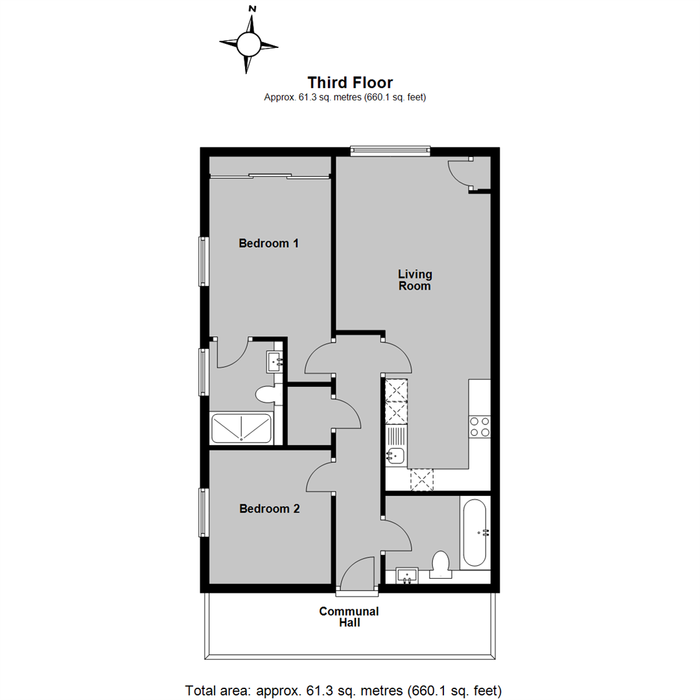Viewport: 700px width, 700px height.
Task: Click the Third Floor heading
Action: point(350,82)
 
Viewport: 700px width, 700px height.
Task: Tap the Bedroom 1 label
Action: point(268,244)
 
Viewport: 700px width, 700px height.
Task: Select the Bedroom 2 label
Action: point(269,509)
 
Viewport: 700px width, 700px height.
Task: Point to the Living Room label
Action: point(415,280)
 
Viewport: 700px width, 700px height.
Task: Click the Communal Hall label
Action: point(349,617)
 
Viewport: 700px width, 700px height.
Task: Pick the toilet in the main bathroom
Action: point(441,564)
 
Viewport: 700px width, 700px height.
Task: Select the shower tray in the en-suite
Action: point(241,428)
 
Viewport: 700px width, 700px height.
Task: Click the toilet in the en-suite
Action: point(266,393)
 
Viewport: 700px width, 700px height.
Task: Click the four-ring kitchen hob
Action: point(480,426)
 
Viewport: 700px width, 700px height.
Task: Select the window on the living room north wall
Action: point(390,151)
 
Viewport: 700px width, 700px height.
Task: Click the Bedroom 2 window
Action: point(204,512)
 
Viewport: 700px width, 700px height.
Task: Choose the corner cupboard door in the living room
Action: point(459,174)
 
